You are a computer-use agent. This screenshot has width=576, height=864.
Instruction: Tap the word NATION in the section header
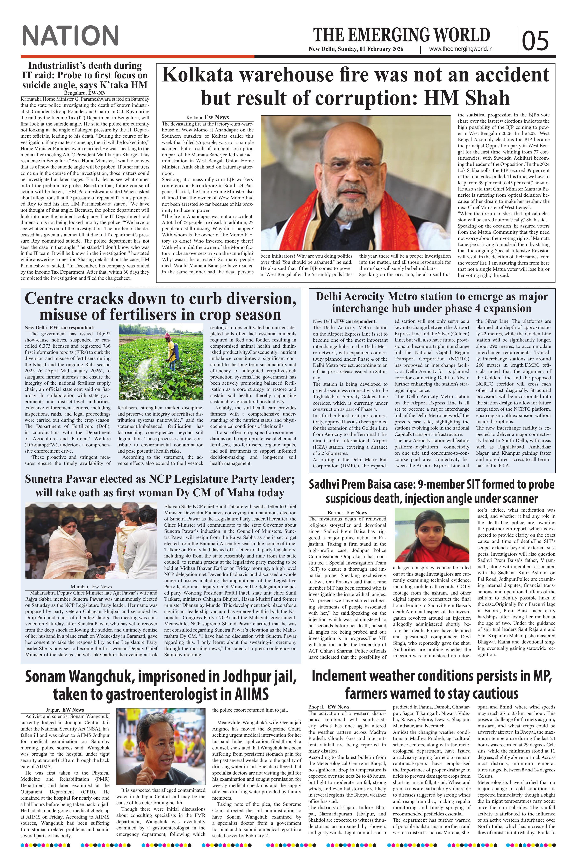(x=71, y=36)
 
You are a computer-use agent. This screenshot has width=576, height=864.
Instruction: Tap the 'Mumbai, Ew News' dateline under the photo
(x=91, y=587)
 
